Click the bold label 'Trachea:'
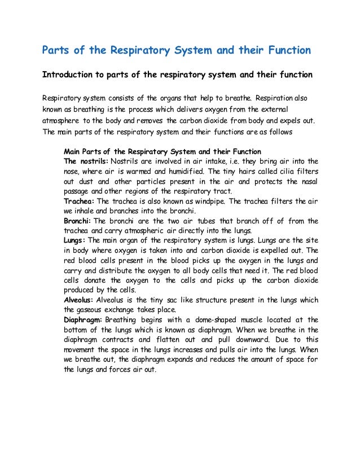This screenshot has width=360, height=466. pyautogui.click(x=80, y=201)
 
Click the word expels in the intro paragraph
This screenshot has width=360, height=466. pyautogui.click(x=298, y=120)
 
